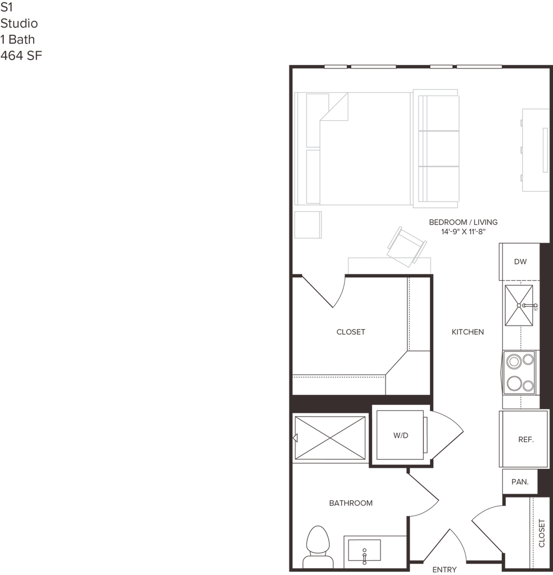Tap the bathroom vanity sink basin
click(364, 553)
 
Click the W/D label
click(400, 436)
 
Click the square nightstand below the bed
click(309, 225)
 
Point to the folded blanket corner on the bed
click(336, 107)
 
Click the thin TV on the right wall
click(543, 150)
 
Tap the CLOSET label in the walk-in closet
click(351, 332)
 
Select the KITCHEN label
click(468, 332)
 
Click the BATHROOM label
click(351, 503)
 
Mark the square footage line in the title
click(21, 57)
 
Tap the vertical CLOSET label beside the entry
click(541, 533)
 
